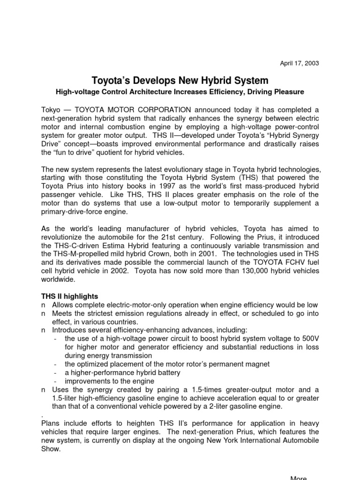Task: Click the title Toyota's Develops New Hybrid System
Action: pyautogui.click(x=180, y=80)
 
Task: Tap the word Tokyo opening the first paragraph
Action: pyautogui.click(x=52, y=109)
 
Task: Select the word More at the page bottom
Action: pyautogui.click(x=299, y=478)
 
